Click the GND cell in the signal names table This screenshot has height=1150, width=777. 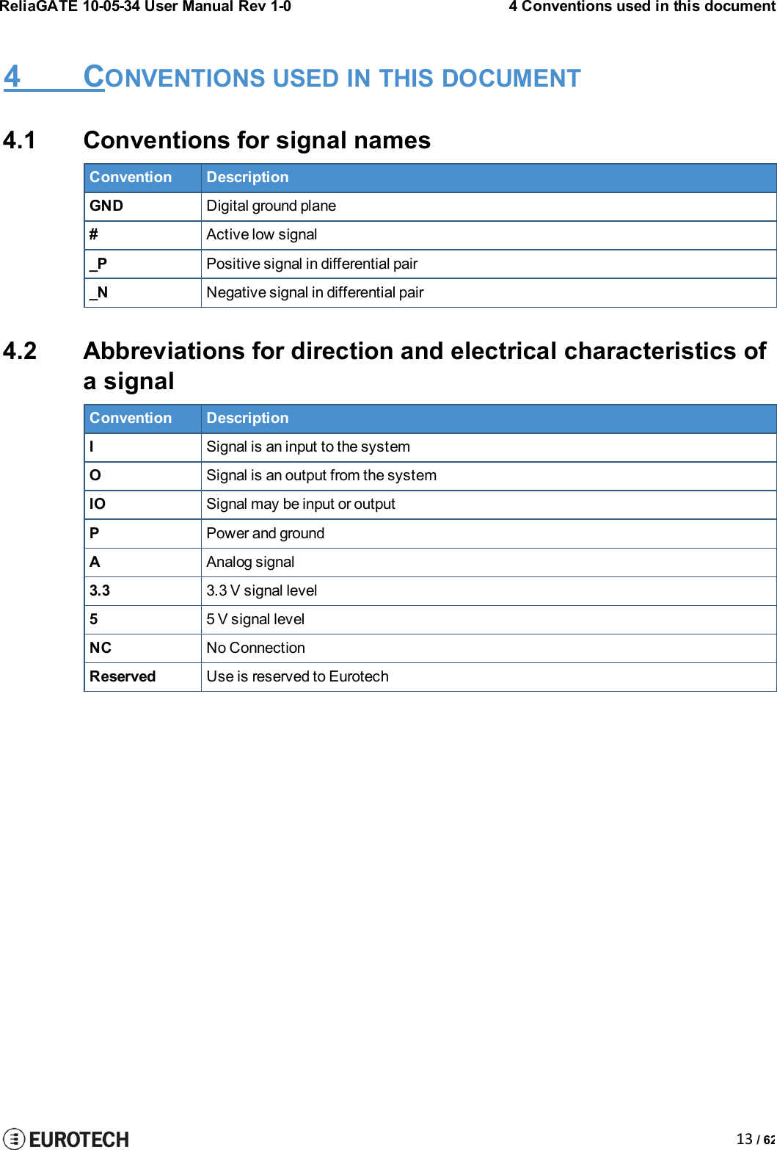(x=106, y=206)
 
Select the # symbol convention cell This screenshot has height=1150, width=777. (x=94, y=235)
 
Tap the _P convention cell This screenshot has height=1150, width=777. (x=98, y=264)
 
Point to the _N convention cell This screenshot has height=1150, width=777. (x=99, y=292)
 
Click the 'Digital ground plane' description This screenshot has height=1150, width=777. (x=271, y=206)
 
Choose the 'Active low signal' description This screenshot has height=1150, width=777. (x=261, y=235)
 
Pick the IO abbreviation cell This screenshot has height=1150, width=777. (x=98, y=505)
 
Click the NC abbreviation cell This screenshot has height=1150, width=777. (x=101, y=648)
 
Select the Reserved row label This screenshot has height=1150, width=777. (x=123, y=676)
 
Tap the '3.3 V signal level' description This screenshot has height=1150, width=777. (x=261, y=590)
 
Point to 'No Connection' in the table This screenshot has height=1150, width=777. (x=255, y=648)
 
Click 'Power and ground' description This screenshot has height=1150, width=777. (x=265, y=533)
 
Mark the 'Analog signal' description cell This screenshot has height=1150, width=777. (x=250, y=562)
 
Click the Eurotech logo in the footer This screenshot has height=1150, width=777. (x=66, y=1138)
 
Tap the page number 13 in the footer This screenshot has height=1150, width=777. (x=744, y=1139)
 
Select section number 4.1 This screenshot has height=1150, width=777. (x=20, y=140)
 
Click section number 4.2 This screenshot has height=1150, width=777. (x=20, y=351)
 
